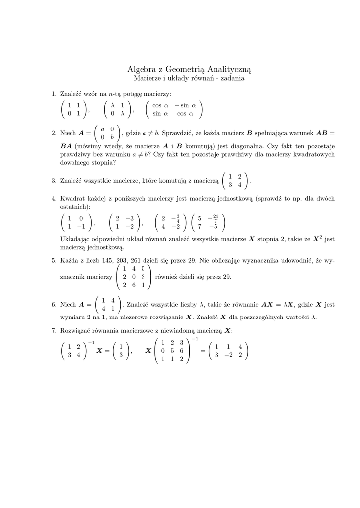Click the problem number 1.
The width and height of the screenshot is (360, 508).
(54, 93)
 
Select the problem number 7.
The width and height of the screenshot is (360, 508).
(54, 330)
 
